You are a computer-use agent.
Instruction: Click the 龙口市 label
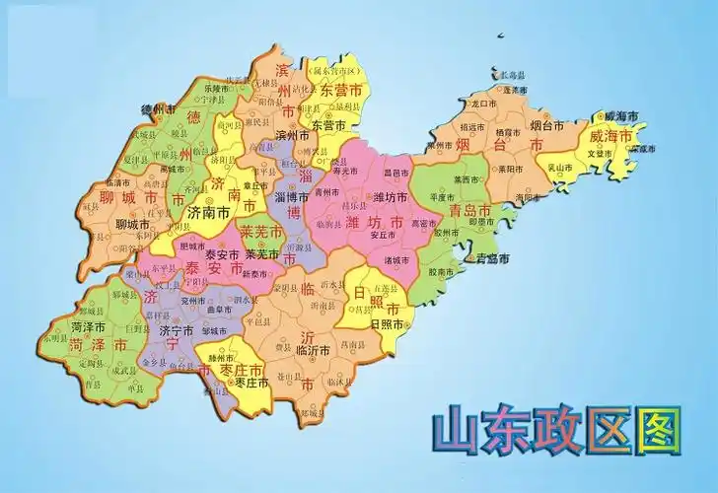[486, 103]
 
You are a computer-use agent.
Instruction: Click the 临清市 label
[114, 182]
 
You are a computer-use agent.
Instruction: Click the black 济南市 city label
[209, 212]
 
